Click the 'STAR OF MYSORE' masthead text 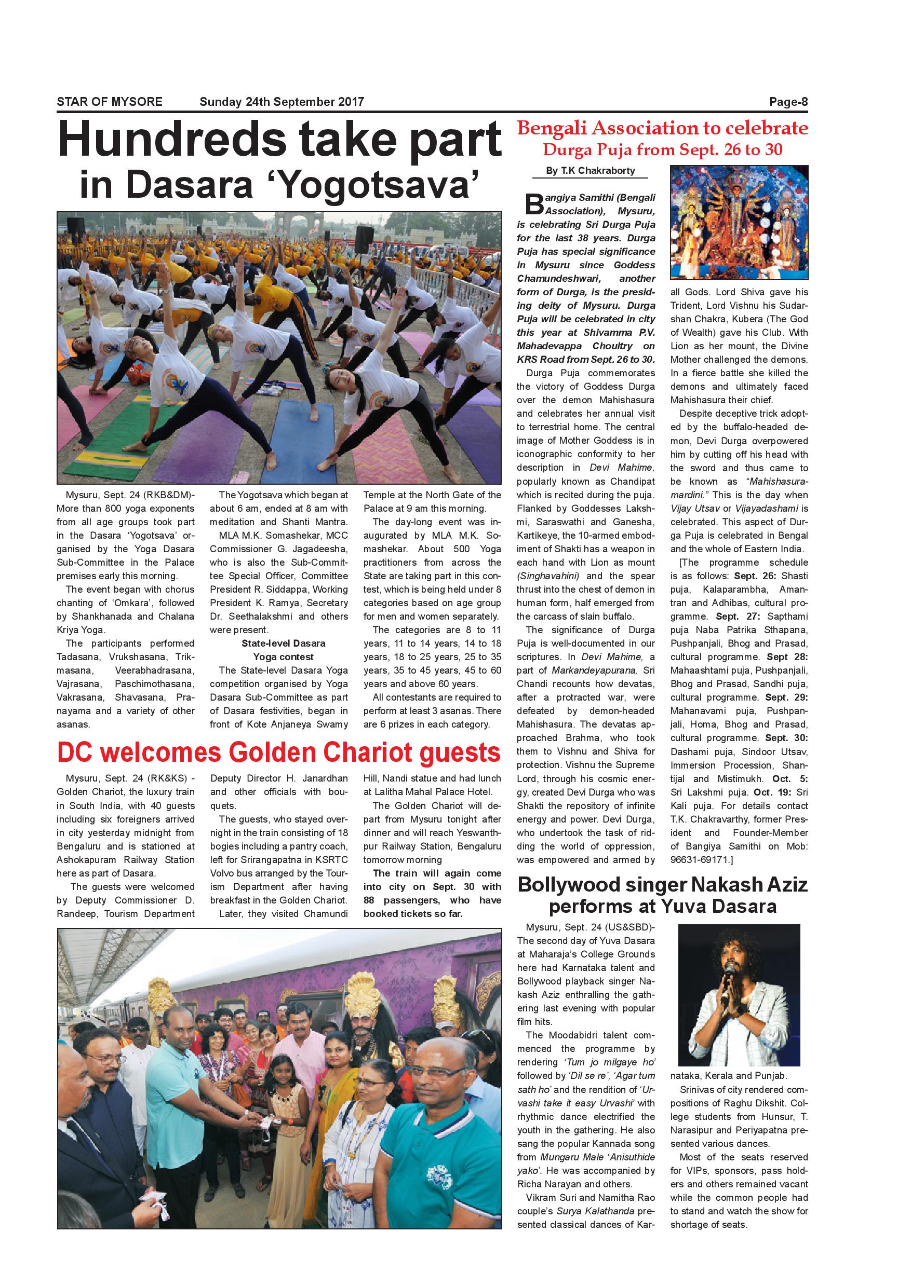(x=110, y=102)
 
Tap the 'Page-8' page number (x=788, y=102)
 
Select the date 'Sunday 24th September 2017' (x=282, y=102)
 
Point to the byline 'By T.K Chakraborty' (x=590, y=171)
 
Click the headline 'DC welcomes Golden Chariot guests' (x=279, y=752)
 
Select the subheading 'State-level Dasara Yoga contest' (x=283, y=650)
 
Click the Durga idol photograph (x=739, y=223)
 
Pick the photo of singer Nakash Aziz (x=739, y=995)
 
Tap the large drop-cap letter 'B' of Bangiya (x=534, y=204)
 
